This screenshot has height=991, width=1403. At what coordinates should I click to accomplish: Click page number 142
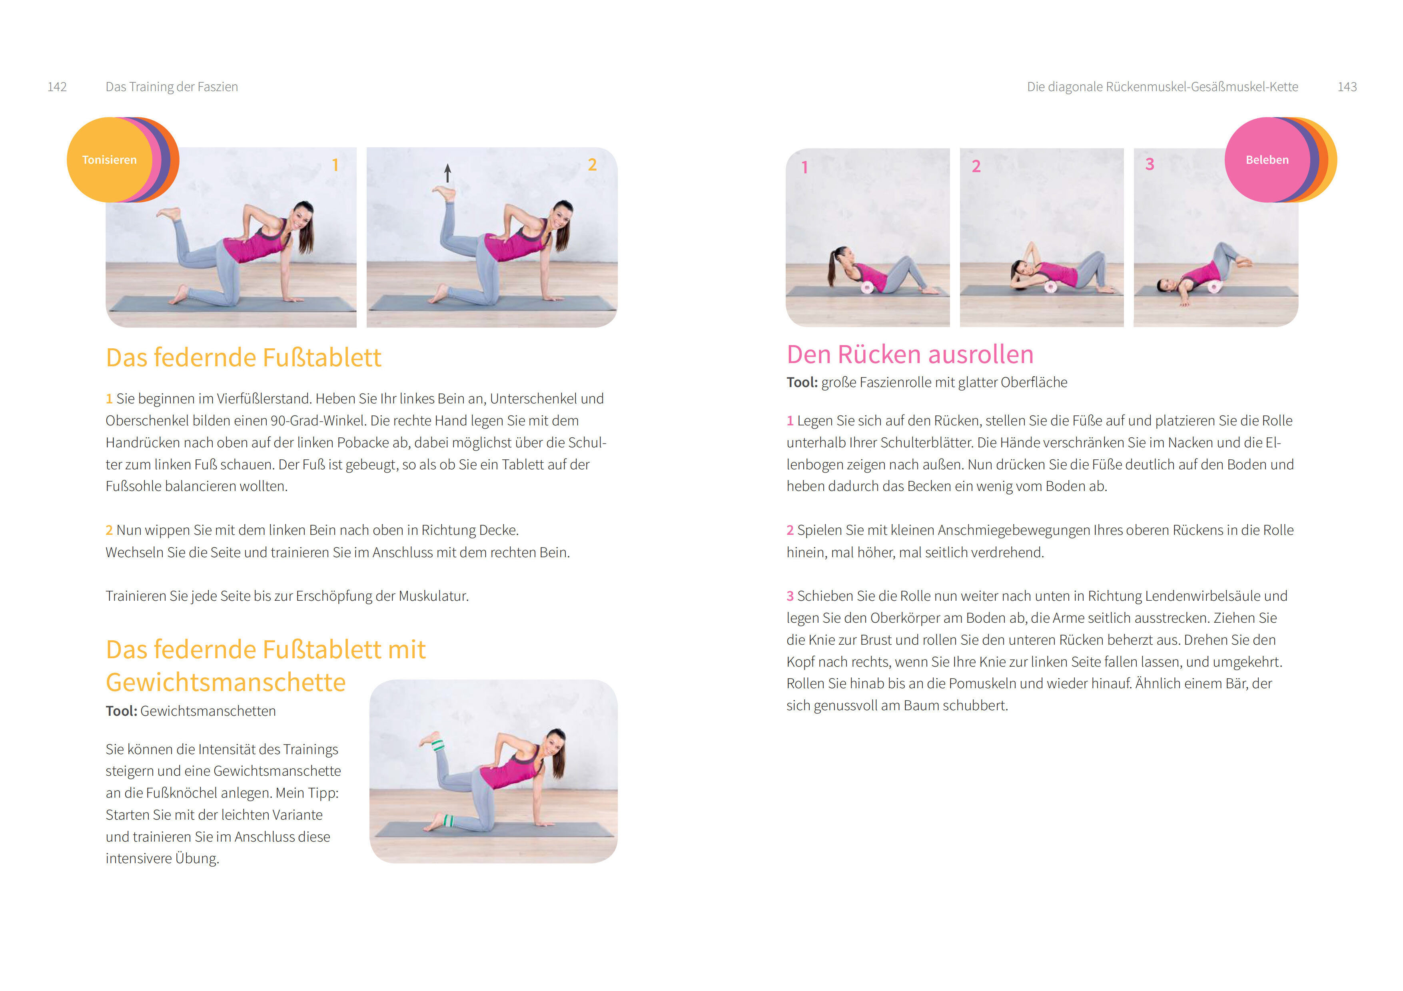click(57, 87)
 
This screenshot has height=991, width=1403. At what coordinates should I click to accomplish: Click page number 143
click(1347, 87)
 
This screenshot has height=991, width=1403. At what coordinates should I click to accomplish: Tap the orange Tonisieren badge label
click(110, 160)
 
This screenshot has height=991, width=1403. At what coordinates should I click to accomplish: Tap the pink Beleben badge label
click(1267, 160)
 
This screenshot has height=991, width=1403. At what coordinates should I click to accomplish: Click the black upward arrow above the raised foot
click(447, 173)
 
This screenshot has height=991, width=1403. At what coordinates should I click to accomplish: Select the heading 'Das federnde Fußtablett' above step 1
click(243, 357)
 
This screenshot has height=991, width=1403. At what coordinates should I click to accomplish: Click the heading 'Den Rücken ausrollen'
click(910, 354)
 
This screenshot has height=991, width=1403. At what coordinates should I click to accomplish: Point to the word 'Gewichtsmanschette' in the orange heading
click(226, 682)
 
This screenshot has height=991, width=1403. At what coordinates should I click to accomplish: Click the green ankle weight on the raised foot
click(437, 745)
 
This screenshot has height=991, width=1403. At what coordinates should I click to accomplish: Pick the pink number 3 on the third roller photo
click(1150, 164)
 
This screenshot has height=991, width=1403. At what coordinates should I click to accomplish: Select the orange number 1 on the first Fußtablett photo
click(335, 165)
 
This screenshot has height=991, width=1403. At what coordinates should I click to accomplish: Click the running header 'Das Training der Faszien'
click(172, 87)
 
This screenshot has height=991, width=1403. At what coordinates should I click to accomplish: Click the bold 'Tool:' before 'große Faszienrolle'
click(802, 382)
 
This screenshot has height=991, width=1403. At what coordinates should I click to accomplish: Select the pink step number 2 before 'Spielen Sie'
click(790, 530)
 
